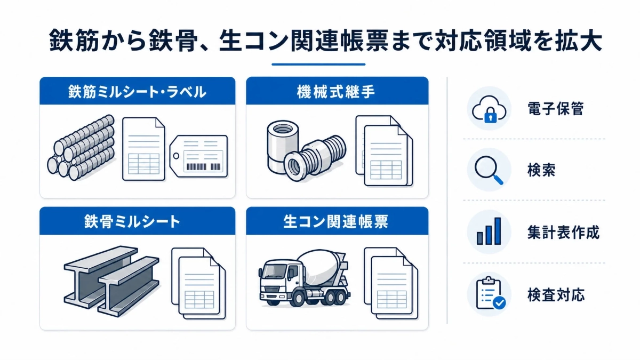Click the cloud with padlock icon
(x=489, y=109)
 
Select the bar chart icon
(x=489, y=231)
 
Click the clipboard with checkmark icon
(x=491, y=293)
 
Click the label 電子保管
(x=555, y=109)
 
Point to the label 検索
(x=541, y=171)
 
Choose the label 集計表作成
(x=563, y=233)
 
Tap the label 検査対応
(x=556, y=294)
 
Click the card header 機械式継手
(x=337, y=91)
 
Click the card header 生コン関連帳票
(x=337, y=222)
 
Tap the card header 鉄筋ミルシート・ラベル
(x=138, y=91)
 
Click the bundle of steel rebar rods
(x=81, y=148)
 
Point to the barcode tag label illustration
(x=199, y=156)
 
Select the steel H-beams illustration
(x=111, y=281)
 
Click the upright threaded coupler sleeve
(x=283, y=146)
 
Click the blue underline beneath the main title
(x=318, y=65)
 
